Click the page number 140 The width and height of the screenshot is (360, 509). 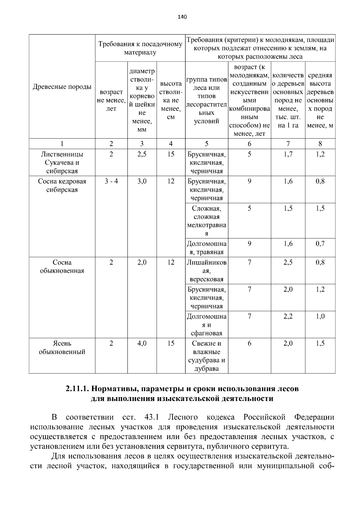click(182, 17)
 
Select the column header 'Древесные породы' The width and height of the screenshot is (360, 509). click(62, 87)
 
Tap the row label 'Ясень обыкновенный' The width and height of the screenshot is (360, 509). click(62, 348)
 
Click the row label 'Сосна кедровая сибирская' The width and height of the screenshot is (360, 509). click(62, 185)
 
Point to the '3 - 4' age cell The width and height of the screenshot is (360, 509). click(111, 181)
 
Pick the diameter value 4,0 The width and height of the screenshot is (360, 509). click(142, 343)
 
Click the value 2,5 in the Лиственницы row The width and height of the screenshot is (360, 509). click(142, 154)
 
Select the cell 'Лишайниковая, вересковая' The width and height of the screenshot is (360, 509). click(206, 271)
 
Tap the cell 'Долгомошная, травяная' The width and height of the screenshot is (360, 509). click(206, 248)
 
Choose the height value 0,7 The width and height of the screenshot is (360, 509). click(320, 244)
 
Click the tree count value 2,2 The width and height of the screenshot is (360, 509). click(288, 316)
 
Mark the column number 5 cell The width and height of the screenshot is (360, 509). click(206, 144)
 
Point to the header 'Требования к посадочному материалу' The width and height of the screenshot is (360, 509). click(140, 48)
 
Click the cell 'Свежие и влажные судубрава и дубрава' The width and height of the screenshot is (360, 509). click(206, 356)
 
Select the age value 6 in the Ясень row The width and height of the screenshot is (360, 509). click(249, 343)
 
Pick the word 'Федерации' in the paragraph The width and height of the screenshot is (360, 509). click(314, 417)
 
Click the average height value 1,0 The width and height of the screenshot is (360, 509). click(320, 316)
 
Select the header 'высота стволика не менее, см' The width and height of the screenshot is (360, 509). click(171, 100)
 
